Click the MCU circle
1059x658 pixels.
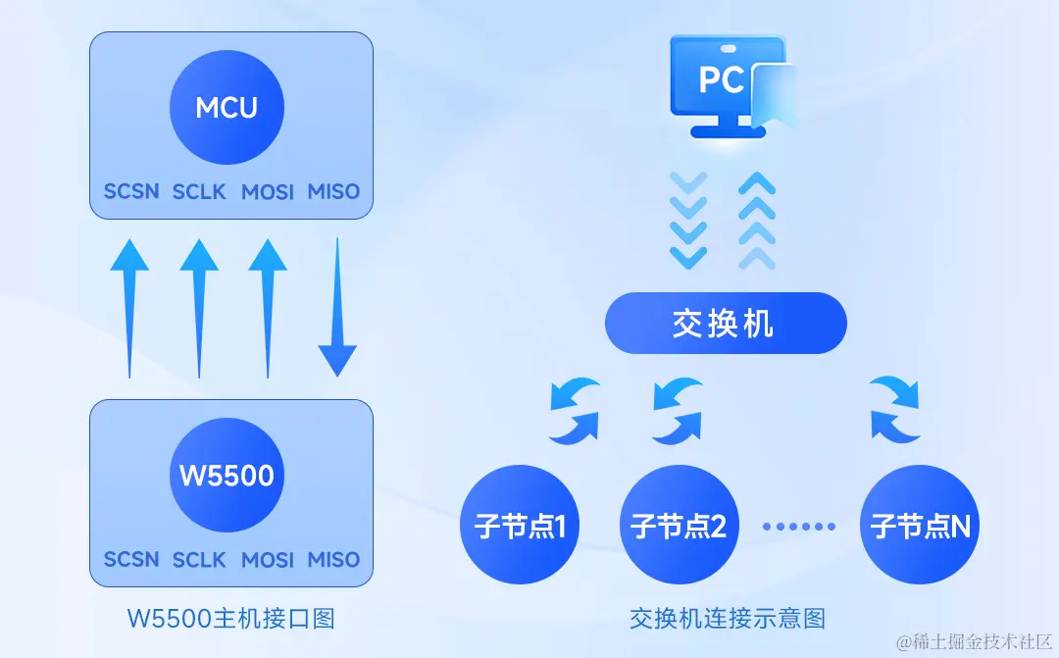227,107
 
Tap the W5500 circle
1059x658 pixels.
227,476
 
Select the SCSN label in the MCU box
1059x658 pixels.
131,191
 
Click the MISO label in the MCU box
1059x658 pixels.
333,191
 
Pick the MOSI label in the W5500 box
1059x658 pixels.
268,560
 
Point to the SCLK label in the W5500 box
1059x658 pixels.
199,560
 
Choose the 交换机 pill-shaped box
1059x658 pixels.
725,324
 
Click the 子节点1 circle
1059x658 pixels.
520,526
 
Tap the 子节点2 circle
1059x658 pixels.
679,526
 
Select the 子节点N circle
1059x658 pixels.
920,526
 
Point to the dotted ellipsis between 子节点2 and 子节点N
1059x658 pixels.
799,527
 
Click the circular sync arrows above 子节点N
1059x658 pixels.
894,406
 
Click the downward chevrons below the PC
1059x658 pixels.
688,220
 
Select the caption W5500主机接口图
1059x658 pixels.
231,619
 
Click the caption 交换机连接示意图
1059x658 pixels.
727,619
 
